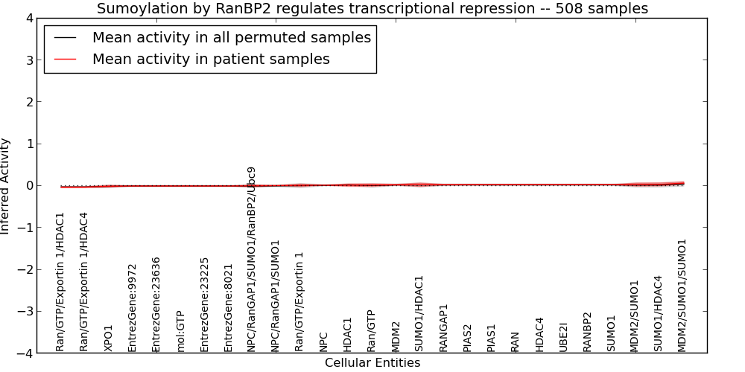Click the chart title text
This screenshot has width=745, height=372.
(372, 8)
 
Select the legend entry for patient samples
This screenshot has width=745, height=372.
(211, 59)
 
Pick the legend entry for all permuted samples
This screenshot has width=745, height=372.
(232, 37)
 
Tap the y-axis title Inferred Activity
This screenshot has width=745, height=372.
(4, 186)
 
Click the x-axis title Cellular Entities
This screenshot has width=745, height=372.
(372, 363)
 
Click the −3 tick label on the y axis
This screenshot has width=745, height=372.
(25, 311)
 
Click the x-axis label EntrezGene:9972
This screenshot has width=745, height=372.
(132, 308)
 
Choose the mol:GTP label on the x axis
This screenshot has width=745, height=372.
(180, 332)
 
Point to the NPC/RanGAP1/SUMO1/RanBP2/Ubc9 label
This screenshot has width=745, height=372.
(252, 259)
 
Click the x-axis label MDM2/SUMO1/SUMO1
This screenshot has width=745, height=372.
(682, 295)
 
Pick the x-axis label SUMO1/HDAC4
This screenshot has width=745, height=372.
(658, 314)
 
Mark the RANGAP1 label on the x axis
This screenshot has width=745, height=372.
(443, 328)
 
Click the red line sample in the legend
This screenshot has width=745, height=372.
(65, 60)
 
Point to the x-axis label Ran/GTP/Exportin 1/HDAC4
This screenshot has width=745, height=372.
(84, 282)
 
